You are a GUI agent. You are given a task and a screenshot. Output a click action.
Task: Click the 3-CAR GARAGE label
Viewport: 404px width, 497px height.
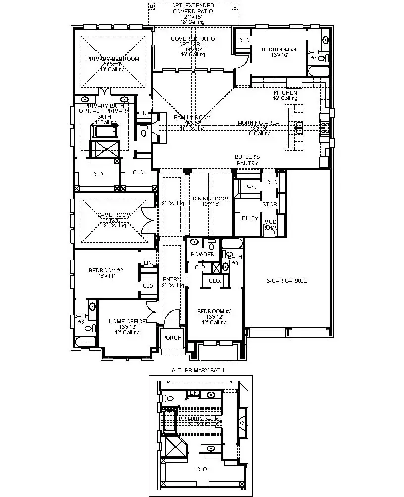point(287,281)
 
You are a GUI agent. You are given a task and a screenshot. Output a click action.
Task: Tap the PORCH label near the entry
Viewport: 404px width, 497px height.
point(172,338)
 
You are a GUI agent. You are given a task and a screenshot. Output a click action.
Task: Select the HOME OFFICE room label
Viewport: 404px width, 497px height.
point(127,321)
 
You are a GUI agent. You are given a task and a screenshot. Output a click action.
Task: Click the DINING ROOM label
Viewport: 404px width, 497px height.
point(211,199)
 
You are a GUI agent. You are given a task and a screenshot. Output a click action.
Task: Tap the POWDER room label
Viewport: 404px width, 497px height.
point(203,254)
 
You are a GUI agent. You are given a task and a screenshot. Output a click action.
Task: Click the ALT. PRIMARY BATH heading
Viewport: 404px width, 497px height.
point(198,370)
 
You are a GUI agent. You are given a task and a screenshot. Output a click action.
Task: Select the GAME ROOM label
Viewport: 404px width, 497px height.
point(114,215)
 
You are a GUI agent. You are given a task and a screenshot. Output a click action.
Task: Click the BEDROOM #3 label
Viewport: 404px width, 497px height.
point(214,311)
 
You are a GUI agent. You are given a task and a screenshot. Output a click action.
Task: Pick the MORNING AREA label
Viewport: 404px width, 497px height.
point(258,122)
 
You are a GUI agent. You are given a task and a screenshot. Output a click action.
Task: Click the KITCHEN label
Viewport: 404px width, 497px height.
point(285,93)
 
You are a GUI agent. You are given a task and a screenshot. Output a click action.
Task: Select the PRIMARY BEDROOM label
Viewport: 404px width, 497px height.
point(112,59)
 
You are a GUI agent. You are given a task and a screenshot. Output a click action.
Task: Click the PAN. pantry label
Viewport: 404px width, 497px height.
point(250,187)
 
